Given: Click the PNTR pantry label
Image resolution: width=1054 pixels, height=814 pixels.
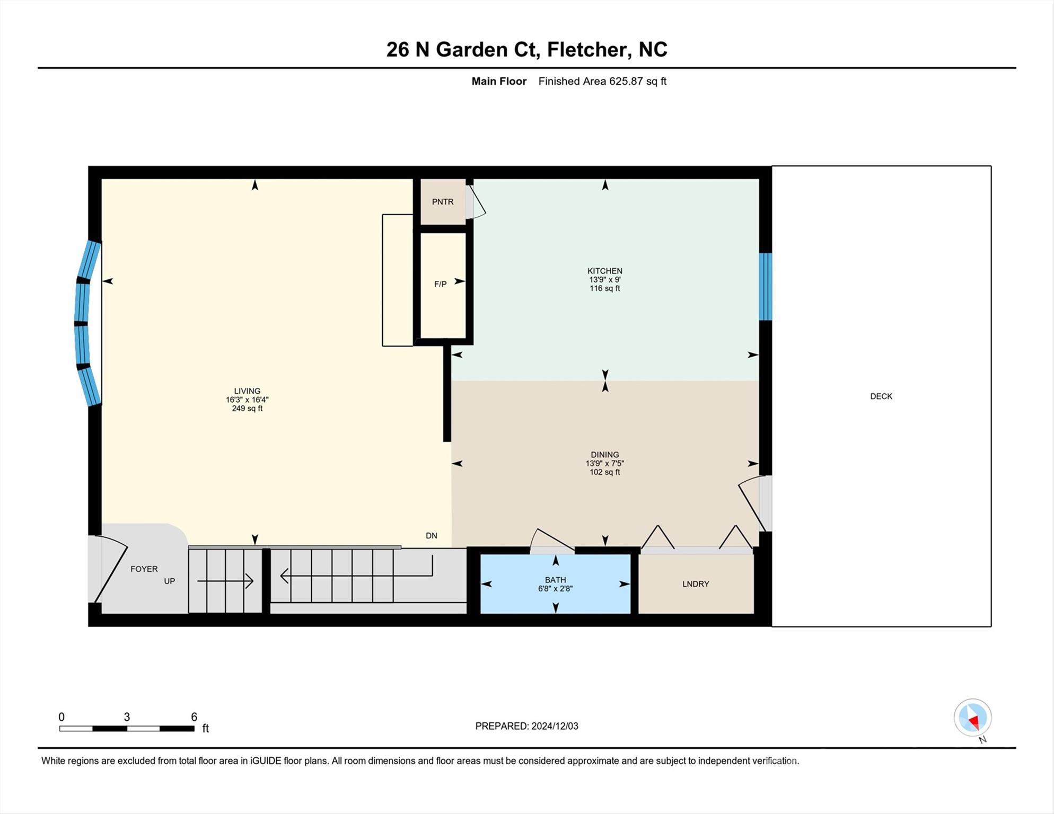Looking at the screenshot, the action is click(x=443, y=202).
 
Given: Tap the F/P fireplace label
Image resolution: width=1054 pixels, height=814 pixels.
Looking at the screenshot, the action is click(x=440, y=284).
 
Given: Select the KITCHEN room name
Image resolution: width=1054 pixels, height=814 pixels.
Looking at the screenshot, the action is click(x=605, y=271).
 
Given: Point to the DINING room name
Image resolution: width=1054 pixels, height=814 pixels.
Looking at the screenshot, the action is click(x=605, y=455).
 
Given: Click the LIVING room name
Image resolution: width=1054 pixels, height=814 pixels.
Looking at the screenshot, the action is click(x=247, y=391).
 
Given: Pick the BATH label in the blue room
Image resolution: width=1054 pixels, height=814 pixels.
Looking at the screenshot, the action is click(x=556, y=580).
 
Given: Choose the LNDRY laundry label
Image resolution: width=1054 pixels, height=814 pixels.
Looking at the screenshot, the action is click(x=696, y=584).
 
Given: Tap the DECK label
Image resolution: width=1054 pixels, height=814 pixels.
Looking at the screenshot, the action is click(x=881, y=396).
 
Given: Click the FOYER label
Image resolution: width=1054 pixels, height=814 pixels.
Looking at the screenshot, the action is click(x=144, y=569).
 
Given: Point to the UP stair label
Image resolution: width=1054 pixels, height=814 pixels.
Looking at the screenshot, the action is click(x=169, y=581).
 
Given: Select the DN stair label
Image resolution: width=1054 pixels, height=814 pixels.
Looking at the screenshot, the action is click(x=432, y=536).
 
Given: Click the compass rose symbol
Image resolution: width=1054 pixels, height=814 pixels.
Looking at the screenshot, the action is click(x=973, y=718).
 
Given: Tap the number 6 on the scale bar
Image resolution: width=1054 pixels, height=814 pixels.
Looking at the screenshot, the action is click(x=194, y=717).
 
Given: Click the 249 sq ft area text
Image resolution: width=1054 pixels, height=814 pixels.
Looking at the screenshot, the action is click(x=247, y=409).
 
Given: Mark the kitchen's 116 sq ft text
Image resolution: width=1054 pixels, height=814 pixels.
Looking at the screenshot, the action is click(x=605, y=288).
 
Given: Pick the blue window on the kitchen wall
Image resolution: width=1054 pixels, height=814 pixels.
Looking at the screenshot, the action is click(x=765, y=287).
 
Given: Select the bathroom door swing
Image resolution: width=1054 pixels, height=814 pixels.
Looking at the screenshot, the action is click(x=552, y=541).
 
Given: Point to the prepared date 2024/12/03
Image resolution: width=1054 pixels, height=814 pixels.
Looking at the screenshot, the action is click(x=555, y=726).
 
